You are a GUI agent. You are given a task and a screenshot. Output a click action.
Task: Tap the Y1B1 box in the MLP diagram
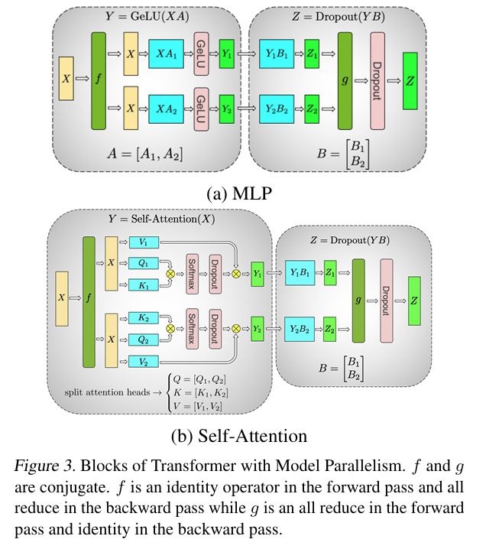pos(276,54)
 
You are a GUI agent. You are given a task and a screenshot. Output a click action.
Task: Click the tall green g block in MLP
pos(344,80)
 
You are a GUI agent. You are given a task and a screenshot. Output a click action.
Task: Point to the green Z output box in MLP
pos(410,80)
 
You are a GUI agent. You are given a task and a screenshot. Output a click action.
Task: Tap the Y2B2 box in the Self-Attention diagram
pos(300,329)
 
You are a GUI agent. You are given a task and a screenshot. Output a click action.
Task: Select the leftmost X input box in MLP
pos(66,80)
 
